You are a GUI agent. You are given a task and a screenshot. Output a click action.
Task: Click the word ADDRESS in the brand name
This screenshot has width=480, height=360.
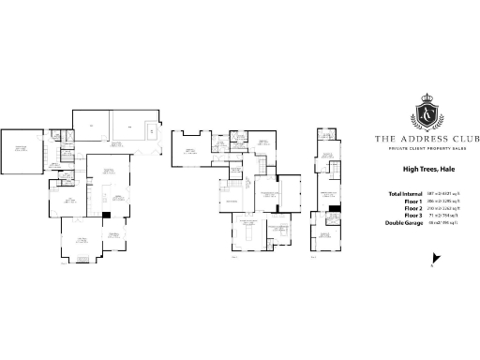coord(422,139)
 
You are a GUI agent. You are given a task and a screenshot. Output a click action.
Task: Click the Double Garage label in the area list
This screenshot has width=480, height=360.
coord(406,222)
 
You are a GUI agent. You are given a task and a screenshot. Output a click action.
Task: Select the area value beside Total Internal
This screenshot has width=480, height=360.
coord(444,193)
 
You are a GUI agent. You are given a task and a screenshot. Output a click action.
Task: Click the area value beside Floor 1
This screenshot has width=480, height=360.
coord(444,201)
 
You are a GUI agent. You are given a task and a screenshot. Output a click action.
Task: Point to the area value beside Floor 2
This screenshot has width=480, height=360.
coord(444,208)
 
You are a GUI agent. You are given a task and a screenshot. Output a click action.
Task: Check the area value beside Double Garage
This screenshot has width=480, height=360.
coord(444,222)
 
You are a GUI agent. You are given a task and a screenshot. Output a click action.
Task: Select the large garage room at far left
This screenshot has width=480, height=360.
coord(20,149)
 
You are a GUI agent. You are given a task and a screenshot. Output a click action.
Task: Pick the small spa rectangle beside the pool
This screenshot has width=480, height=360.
coord(152,132)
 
